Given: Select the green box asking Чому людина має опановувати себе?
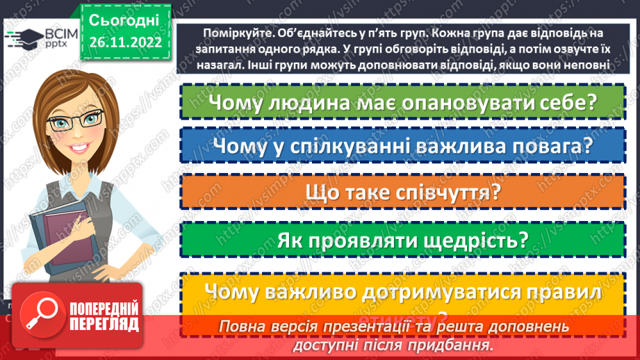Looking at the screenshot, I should pyautogui.click(x=402, y=101).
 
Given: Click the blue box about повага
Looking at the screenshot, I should pyautogui.click(x=402, y=146).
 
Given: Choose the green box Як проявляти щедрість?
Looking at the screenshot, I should pyautogui.click(x=402, y=240).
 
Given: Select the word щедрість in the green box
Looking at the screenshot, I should pyautogui.click(x=468, y=240).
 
